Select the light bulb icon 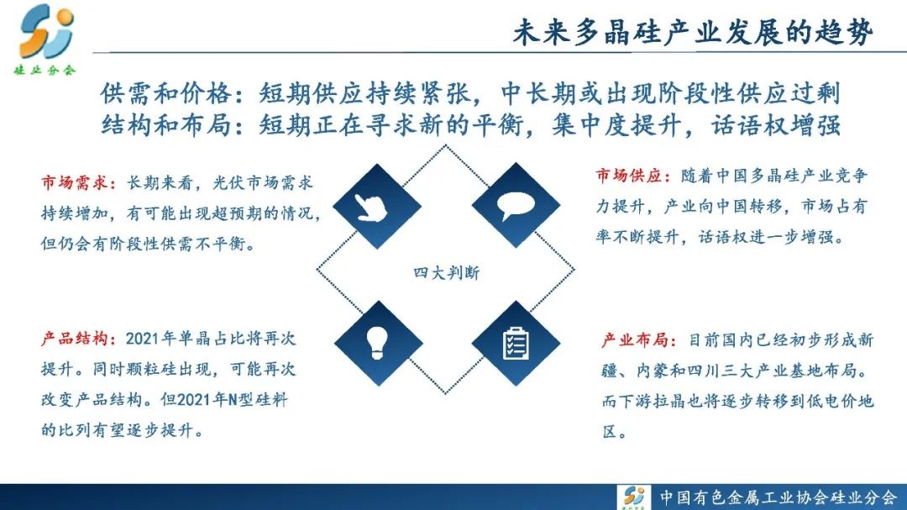point(378,343)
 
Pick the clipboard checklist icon point(516,344)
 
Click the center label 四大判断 point(447,272)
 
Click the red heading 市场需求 point(75,183)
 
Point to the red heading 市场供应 point(629,176)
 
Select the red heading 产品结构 point(75,338)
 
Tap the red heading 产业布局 point(635,339)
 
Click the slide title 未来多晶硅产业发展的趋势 point(693,32)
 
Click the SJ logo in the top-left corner point(46,31)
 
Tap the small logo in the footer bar point(635,497)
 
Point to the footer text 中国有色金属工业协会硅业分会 point(778,497)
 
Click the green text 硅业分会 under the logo point(45,71)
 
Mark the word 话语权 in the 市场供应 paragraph point(723,237)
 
